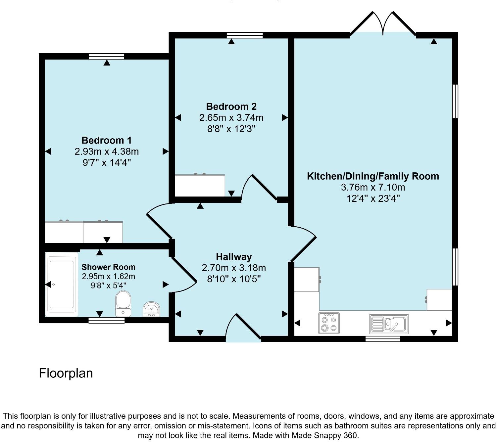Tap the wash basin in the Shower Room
[x=151, y=309]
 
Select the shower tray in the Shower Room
[x=62, y=284]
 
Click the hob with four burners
[x=329, y=323]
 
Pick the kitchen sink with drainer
[x=389, y=324]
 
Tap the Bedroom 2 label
[x=231, y=107]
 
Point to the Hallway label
[x=234, y=257]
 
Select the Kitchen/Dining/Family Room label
[x=373, y=176]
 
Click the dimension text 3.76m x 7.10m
[x=373, y=187]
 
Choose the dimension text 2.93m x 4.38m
[x=107, y=152]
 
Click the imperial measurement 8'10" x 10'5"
[x=234, y=279]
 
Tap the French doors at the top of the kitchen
[x=383, y=24]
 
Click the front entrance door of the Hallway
[x=244, y=328]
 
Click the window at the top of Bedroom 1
[x=106, y=57]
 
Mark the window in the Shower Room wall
[x=106, y=320]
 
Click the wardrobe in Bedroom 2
[x=200, y=186]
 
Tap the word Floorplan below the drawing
[x=66, y=373]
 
